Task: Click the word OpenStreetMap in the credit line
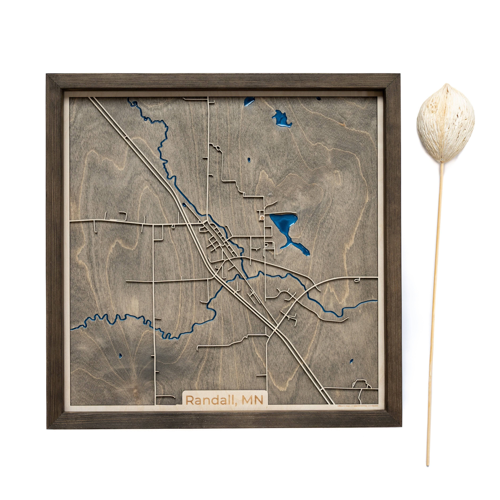click(361, 406)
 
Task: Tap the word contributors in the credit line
click(373, 406)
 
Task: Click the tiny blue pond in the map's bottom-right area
click(351, 360)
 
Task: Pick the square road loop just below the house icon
click(269, 245)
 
